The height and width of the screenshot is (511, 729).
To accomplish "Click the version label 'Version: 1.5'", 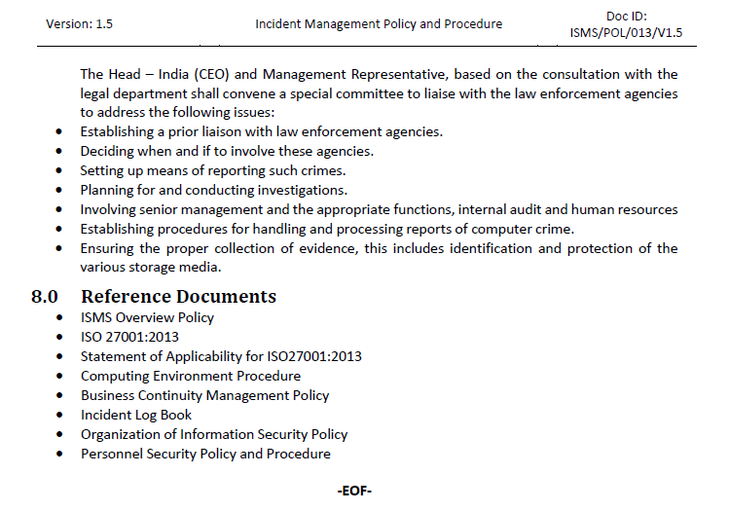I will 80,24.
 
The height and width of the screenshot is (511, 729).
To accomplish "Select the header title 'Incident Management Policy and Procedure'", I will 379,24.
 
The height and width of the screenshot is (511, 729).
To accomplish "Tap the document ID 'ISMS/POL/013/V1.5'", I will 626,33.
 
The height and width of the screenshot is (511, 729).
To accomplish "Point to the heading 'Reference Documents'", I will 178,297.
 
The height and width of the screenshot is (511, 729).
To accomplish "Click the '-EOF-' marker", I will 353,491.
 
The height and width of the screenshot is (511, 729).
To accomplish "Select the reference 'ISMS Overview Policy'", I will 147,317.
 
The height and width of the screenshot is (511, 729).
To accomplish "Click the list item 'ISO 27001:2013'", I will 129,337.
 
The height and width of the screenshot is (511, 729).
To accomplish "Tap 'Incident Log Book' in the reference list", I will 136,415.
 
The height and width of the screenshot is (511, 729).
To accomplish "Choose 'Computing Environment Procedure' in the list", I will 191,376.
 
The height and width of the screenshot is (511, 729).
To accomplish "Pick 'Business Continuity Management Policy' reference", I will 204,395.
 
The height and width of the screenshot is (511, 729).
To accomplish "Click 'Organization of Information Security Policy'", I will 214,434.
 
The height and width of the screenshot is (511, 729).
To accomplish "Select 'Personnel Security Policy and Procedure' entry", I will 205,454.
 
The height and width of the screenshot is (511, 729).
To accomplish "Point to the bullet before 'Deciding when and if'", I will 61,152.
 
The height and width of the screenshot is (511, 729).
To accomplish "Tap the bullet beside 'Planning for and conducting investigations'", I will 61,191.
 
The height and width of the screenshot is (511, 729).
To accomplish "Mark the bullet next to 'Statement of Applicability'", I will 61,356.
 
